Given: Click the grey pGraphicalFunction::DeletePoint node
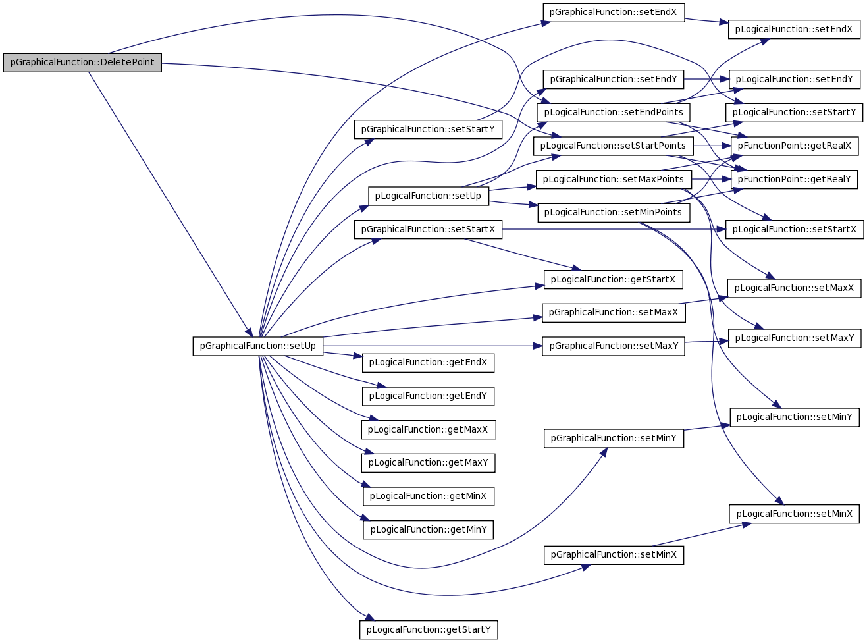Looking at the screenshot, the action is (x=82, y=63).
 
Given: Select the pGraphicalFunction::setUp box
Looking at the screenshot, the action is (x=257, y=346).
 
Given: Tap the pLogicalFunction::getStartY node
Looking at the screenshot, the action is (x=429, y=629).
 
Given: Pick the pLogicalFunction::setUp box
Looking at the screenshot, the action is (x=428, y=196).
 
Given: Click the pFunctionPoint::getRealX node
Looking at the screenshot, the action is (x=794, y=146).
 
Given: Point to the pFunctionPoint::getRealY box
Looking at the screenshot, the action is (x=794, y=180).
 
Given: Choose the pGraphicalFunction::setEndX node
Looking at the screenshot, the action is (x=613, y=13).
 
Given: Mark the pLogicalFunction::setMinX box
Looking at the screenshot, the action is (x=794, y=514).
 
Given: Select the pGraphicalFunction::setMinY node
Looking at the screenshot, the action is (x=614, y=438).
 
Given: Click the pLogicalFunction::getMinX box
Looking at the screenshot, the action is (x=428, y=496).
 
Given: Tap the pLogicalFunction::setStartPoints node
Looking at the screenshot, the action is (x=613, y=146).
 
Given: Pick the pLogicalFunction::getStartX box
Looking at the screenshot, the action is (x=613, y=280).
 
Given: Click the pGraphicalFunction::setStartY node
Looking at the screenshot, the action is (x=428, y=129).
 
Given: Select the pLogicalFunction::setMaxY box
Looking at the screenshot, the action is (x=795, y=338).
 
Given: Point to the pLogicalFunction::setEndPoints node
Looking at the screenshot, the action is (x=613, y=113).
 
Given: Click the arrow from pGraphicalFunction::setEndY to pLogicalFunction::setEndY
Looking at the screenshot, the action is (x=706, y=80).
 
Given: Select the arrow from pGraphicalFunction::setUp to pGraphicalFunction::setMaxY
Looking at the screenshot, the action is (x=433, y=346).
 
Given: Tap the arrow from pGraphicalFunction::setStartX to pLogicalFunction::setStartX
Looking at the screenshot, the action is (x=614, y=229).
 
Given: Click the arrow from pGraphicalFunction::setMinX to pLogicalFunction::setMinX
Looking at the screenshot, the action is (x=701, y=535).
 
